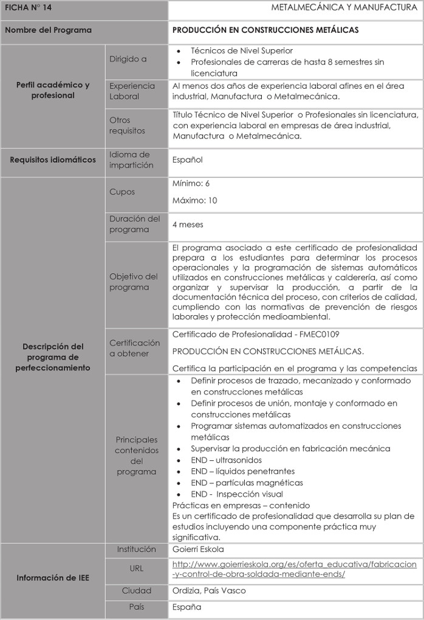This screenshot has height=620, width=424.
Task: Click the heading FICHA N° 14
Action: [24, 8]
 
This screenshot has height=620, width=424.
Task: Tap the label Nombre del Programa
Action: [48, 30]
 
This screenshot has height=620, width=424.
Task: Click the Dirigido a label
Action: [128, 60]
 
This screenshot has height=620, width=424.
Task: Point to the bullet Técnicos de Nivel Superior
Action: [242, 51]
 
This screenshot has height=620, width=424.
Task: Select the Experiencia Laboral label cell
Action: [132, 91]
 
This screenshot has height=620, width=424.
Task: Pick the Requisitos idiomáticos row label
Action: [53, 160]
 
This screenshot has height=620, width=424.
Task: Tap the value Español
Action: [187, 160]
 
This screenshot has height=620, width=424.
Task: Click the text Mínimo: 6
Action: [191, 183]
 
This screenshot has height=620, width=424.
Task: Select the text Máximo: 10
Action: [194, 200]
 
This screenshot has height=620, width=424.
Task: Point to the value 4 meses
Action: [188, 224]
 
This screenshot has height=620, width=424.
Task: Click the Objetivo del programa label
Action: [134, 282]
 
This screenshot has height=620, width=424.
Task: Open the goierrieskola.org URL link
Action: [295, 569]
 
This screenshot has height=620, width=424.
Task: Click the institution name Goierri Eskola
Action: [198, 550]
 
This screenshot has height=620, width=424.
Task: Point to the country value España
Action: [186, 607]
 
